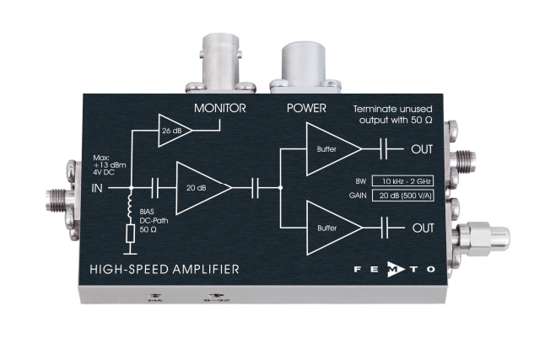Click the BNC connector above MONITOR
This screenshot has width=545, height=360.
click(222, 59)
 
